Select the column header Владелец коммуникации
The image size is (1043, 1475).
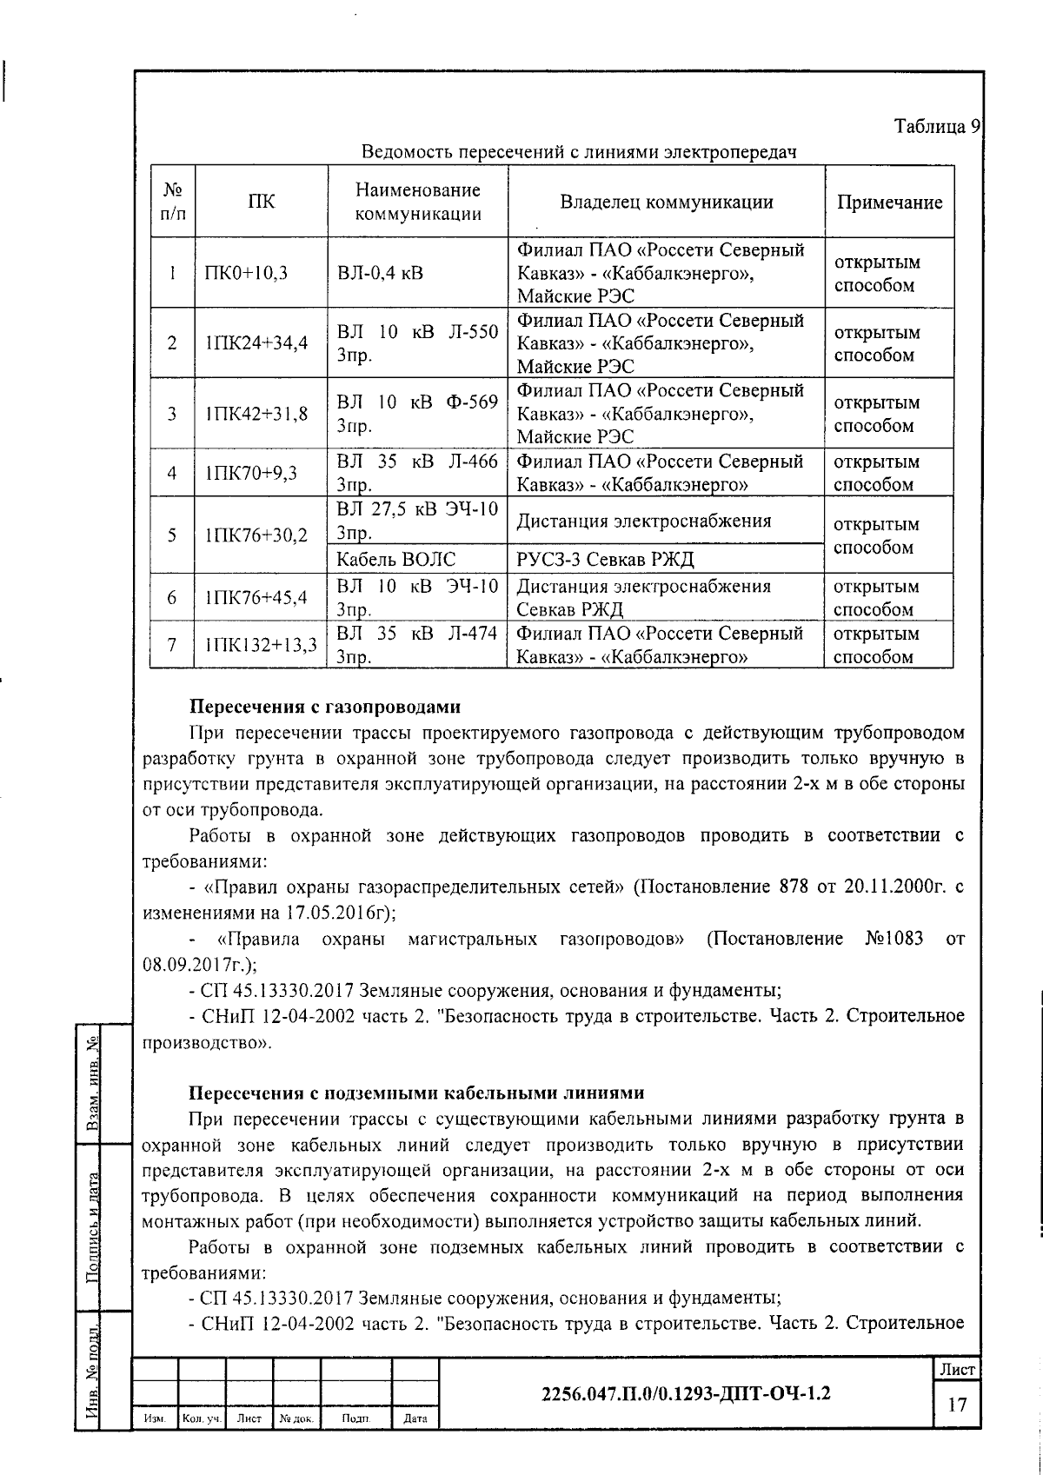pos(667,203)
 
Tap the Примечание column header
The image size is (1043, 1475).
pos(889,203)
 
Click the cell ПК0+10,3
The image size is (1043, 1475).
pos(246,273)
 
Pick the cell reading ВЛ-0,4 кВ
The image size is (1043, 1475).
pos(381,273)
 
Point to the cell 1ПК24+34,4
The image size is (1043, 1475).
pos(256,343)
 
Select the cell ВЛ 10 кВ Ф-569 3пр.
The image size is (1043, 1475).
pos(417,414)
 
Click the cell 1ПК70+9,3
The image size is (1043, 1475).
pos(251,473)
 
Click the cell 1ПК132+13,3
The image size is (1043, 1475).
pos(261,645)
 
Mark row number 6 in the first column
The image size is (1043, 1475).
pos(172,598)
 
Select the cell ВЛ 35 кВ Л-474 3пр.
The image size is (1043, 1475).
pos(417,645)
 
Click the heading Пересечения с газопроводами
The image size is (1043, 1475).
pos(325,707)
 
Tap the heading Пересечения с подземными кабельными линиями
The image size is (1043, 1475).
pos(417,1093)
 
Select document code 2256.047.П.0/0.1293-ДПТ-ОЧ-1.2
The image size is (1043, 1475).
pos(686,1394)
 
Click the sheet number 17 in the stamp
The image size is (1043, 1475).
pos(957,1405)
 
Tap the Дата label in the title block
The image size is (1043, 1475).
pos(415,1419)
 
